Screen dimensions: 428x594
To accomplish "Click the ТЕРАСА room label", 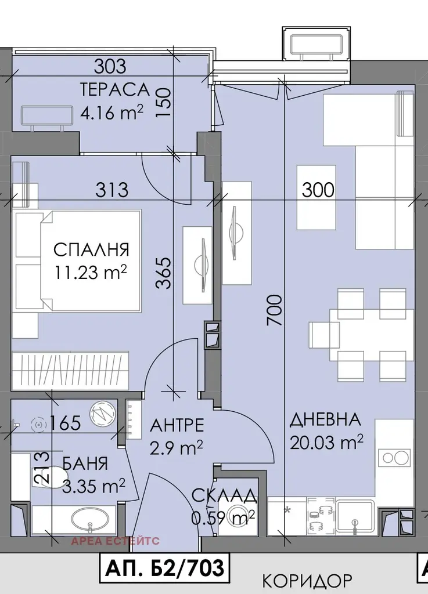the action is pos(115,90).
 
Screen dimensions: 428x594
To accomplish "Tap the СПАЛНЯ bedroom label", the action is pos(91,250).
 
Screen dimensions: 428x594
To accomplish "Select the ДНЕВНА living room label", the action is pos(325,420).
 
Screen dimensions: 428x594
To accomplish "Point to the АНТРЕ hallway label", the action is pos(177,425).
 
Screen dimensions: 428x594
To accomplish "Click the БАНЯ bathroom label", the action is pos(85,463).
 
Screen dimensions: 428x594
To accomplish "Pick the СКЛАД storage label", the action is pos(224,495).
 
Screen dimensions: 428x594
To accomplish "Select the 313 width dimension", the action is pos(112,190).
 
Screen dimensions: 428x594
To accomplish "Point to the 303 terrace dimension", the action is pos(110,67).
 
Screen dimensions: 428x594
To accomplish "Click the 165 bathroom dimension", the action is pos(65,423).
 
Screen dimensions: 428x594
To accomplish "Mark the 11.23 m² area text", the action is pos(90,271).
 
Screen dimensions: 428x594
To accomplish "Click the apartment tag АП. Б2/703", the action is pos(165,568).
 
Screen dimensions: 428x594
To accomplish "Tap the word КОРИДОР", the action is pos(307,580).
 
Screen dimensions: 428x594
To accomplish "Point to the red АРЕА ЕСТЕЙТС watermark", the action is pos(115,541).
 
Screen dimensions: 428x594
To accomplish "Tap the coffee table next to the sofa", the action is pos(316,197).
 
